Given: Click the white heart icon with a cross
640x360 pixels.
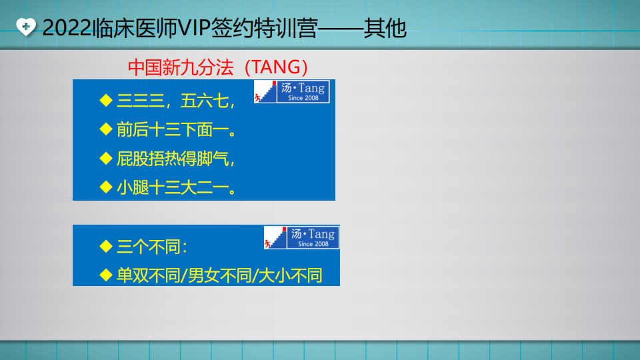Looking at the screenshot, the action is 26,27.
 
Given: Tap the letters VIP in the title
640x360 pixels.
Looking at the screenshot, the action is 194,28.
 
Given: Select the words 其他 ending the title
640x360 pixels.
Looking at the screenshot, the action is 385,28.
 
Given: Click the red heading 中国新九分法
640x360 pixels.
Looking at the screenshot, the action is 181,67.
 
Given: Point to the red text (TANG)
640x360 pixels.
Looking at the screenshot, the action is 276,67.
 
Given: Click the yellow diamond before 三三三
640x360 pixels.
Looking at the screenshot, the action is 106,101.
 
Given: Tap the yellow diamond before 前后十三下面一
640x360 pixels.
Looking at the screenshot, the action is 106,129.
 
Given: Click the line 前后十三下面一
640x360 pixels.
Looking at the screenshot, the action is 176,130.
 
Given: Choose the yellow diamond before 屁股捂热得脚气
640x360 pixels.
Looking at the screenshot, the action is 106,159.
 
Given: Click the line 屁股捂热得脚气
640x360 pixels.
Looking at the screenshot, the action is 175,159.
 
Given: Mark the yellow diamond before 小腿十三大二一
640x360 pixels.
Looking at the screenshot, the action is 106,187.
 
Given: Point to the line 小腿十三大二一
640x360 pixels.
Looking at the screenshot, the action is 176,188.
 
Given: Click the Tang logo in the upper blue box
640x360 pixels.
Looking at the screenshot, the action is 291,91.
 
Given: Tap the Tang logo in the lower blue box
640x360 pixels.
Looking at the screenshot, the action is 301,237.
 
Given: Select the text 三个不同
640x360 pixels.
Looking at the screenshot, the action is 149,247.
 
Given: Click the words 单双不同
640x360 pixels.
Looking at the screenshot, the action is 149,276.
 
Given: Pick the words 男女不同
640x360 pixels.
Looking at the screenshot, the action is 219,276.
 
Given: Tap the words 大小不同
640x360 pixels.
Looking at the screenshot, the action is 290,276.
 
